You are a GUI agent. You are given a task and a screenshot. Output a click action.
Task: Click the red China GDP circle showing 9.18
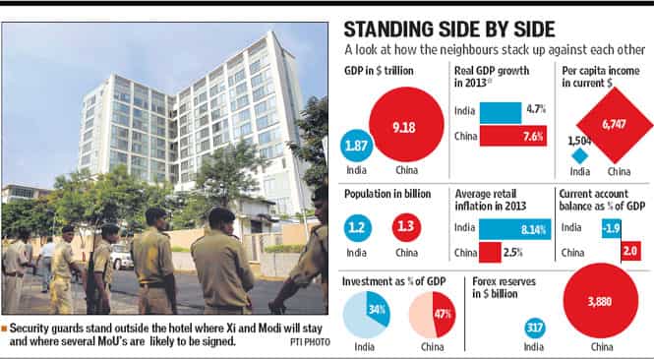[x=406, y=124]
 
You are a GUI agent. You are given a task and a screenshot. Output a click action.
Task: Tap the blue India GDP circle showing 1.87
[x=357, y=146]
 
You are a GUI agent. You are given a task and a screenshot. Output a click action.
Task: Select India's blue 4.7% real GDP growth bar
[x=501, y=113]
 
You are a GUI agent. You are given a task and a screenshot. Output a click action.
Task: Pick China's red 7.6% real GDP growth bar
[x=513, y=136]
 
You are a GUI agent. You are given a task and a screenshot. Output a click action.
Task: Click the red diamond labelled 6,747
[x=616, y=125]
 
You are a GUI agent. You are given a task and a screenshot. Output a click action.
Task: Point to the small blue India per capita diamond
[x=579, y=155]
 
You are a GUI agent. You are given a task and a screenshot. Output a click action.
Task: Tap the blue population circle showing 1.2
[x=357, y=227]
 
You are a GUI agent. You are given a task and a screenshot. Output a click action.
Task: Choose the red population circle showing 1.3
[x=406, y=227]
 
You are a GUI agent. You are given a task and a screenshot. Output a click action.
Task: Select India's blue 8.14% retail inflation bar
[x=514, y=230]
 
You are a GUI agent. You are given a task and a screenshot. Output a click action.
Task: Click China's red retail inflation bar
[x=490, y=253]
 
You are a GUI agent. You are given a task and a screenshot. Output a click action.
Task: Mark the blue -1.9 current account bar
[x=612, y=228]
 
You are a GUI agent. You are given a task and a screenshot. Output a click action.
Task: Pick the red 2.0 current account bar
[x=631, y=252]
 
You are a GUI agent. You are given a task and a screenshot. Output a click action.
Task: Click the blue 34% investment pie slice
[x=379, y=309]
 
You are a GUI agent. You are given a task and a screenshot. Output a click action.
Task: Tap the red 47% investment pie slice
[x=444, y=314]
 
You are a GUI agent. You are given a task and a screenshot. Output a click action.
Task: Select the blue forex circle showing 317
[x=535, y=329]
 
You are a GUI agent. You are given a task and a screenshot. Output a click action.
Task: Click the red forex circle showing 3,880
[x=601, y=301]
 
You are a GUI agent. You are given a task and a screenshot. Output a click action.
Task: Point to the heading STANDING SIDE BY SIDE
[x=449, y=30]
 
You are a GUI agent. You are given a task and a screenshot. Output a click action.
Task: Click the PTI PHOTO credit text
[x=310, y=342]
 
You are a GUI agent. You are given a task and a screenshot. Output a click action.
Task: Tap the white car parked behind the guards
[x=121, y=257]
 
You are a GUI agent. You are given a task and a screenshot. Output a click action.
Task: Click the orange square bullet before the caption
[x=4, y=329]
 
